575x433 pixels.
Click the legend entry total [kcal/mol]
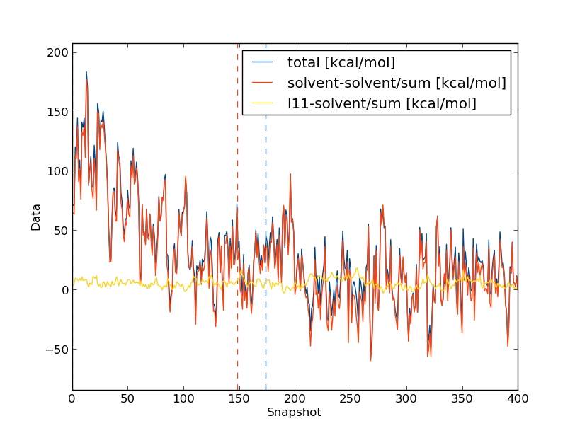click(341, 62)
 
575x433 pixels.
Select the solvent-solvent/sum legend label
click(397, 83)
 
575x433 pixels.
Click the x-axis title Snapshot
click(294, 412)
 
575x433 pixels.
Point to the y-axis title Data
click(36, 217)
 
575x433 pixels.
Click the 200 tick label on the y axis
click(59, 52)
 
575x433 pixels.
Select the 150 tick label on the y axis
click(59, 112)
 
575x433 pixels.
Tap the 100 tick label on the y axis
click(59, 171)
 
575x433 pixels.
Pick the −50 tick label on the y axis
click(57, 350)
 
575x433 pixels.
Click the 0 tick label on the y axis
click(65, 290)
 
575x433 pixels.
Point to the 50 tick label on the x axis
click(127, 398)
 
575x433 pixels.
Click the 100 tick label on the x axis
click(183, 398)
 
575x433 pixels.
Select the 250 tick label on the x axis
click(351, 398)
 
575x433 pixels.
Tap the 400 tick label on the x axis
click(518, 398)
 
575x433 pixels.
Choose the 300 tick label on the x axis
click(406, 398)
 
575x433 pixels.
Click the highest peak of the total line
click(86, 72)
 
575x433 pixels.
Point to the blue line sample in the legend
click(262, 62)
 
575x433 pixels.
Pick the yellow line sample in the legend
click(262, 104)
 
